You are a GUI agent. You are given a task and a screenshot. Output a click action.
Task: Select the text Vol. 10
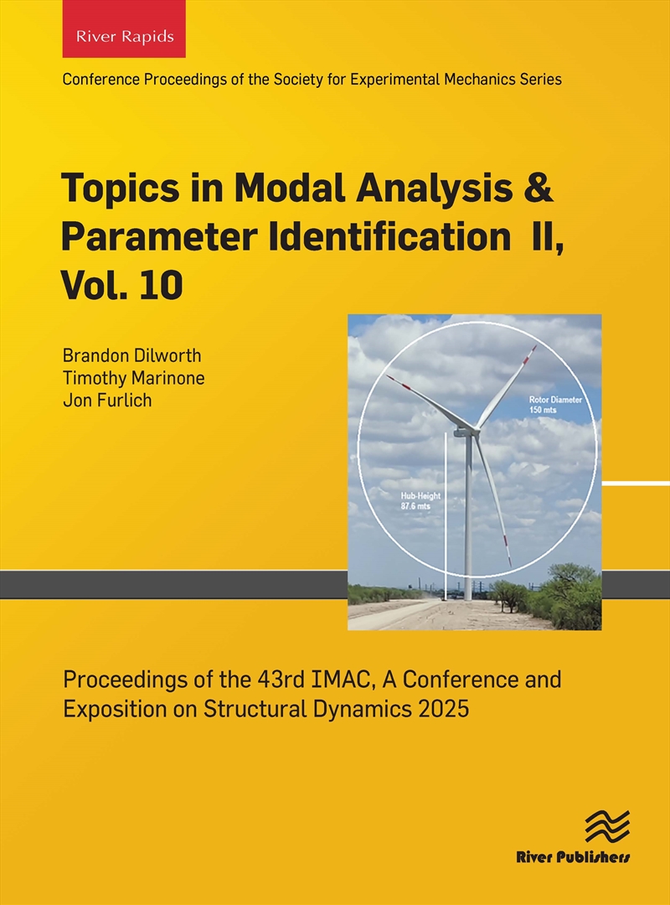(121, 286)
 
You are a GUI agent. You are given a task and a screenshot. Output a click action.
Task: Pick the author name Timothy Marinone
(134, 378)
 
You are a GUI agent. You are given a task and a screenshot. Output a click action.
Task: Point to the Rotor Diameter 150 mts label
(554, 405)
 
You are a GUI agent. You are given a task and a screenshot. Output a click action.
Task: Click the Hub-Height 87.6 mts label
(420, 501)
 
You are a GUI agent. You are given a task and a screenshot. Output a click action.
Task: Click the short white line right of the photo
(636, 484)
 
